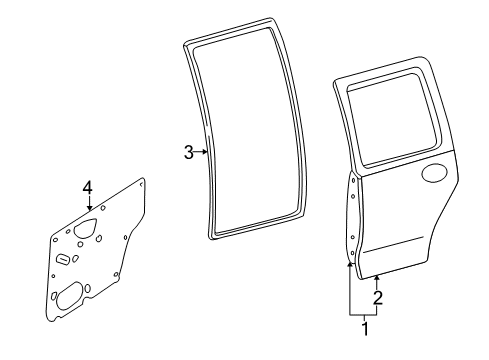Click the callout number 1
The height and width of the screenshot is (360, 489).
pyautogui.click(x=365, y=329)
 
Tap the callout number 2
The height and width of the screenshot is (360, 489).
pyautogui.click(x=378, y=298)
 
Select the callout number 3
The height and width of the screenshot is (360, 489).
pyautogui.click(x=189, y=152)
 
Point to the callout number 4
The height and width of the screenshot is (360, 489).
pyautogui.click(x=87, y=187)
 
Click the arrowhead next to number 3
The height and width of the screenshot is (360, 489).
pyautogui.click(x=206, y=152)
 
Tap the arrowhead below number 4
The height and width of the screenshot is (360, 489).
pyautogui.click(x=89, y=208)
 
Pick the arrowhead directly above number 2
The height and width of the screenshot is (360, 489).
pyautogui.click(x=377, y=277)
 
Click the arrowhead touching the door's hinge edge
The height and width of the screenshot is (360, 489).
pyautogui.click(x=350, y=265)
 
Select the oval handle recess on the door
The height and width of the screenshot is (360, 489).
pyautogui.click(x=435, y=173)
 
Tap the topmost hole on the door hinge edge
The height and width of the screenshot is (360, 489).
pyautogui.click(x=353, y=181)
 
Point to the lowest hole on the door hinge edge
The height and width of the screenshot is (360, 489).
pyautogui.click(x=352, y=254)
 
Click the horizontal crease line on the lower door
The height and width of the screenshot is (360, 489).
pyautogui.click(x=393, y=245)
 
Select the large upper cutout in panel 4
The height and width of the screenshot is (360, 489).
pyautogui.click(x=85, y=228)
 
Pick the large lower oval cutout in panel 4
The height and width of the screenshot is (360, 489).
pyautogui.click(x=70, y=295)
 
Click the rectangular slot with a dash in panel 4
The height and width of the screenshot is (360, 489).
pyautogui.click(x=63, y=259)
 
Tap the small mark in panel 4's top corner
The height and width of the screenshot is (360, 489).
pyautogui.click(x=141, y=184)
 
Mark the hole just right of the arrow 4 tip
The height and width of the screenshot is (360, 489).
pyautogui.click(x=103, y=208)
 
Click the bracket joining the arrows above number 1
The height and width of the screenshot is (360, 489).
pyautogui.click(x=363, y=315)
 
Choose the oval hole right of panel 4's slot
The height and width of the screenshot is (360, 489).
pyautogui.click(x=76, y=258)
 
